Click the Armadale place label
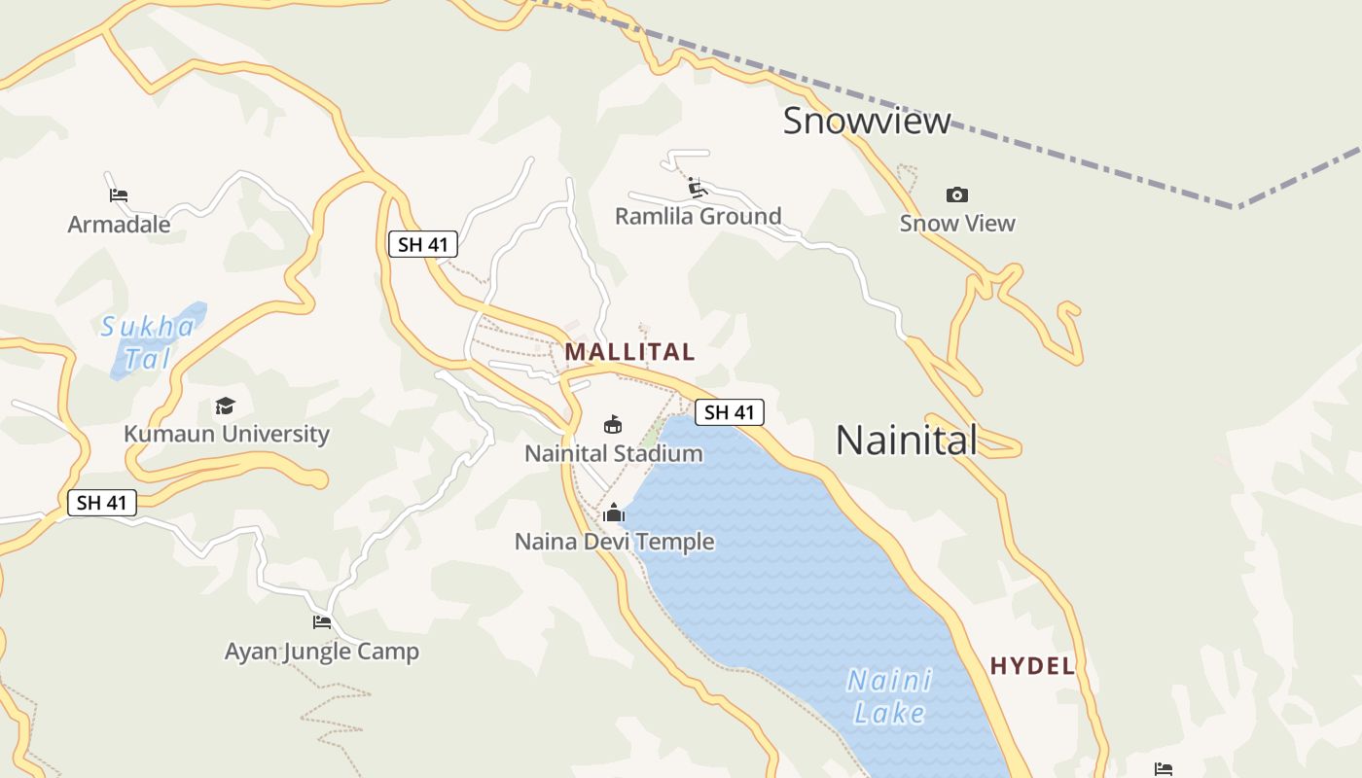pos(119,225)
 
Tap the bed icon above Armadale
pos(119,194)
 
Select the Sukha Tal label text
pos(148,342)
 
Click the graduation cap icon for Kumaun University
pos(226,406)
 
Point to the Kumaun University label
pos(227,434)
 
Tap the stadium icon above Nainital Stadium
pos(613,424)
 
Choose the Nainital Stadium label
pos(613,453)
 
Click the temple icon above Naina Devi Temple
pos(614,513)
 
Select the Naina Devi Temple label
pos(614,542)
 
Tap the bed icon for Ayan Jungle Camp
pos(322,622)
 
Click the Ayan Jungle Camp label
pos(322,652)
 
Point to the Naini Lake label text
pos(889,696)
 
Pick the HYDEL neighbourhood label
pos(1032,666)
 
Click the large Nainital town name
pos(906,441)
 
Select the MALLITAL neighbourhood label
pos(629,352)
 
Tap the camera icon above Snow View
pos(957,194)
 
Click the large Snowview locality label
pos(867,121)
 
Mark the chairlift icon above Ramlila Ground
pos(697,187)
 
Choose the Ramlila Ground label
pos(698,216)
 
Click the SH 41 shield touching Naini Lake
pos(730,412)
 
